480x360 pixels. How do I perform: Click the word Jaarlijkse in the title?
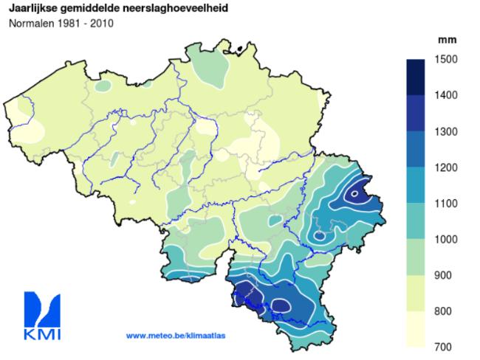pyautogui.click(x=32, y=8)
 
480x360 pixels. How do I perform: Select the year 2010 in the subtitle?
pyautogui.click(x=100, y=23)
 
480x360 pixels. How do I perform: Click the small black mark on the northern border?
pyautogui.click(x=240, y=49)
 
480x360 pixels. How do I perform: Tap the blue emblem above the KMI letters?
pyautogui.click(x=42, y=308)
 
